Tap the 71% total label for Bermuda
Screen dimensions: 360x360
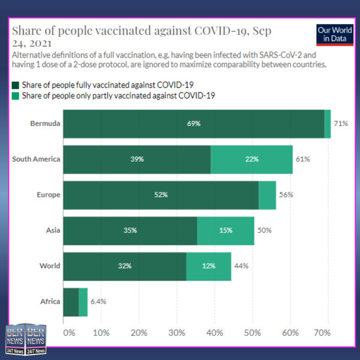[341, 124]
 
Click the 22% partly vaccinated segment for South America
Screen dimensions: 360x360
[251, 160]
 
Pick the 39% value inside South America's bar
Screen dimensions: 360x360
[137, 160]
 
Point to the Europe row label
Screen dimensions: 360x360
[48, 195]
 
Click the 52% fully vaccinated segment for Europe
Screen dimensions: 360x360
[161, 195]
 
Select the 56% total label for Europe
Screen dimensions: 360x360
[286, 195]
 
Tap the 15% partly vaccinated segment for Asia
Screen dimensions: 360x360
[226, 231]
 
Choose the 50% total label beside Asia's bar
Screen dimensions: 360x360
[265, 231]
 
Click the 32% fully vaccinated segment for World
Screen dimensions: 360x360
[125, 266]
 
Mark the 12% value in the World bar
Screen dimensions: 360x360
[208, 266]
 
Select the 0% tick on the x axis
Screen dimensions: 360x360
[69, 332]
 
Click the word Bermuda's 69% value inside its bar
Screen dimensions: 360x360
[193, 124]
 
